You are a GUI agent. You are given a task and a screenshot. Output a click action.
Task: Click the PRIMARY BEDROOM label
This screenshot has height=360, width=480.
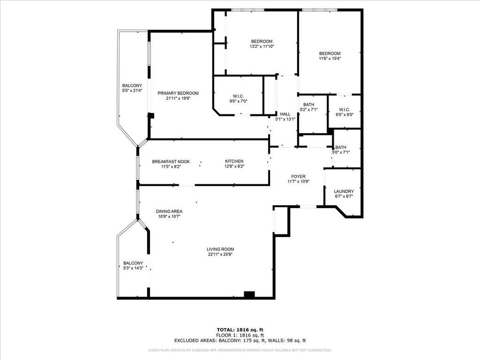point(178,93)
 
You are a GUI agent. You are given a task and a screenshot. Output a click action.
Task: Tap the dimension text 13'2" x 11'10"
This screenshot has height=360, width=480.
point(261,46)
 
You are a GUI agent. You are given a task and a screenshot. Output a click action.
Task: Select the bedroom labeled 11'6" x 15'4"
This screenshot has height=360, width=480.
point(330,56)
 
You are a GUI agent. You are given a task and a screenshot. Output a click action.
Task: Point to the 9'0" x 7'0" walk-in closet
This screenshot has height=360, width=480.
point(238,98)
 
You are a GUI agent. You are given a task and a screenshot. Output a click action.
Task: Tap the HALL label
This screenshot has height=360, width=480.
point(285,116)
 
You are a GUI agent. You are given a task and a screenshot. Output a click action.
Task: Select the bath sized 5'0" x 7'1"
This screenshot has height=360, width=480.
point(341,150)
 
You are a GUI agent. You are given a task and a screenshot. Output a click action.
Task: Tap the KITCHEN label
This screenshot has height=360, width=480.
point(234,162)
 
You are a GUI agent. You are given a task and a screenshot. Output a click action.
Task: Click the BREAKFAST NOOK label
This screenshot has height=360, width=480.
point(171,162)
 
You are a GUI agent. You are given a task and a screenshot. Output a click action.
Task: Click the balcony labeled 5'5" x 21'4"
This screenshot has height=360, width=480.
point(132,88)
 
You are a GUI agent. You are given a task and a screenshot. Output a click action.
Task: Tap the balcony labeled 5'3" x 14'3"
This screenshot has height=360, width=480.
point(133,265)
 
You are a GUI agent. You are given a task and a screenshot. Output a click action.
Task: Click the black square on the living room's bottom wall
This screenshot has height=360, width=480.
point(249,294)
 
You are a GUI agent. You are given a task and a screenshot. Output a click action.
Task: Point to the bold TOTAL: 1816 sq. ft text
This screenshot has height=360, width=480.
point(240,330)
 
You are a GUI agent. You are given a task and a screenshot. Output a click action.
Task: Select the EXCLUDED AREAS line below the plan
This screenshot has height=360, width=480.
point(240,341)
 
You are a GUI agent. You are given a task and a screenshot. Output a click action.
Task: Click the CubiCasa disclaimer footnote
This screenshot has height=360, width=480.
point(240,350)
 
